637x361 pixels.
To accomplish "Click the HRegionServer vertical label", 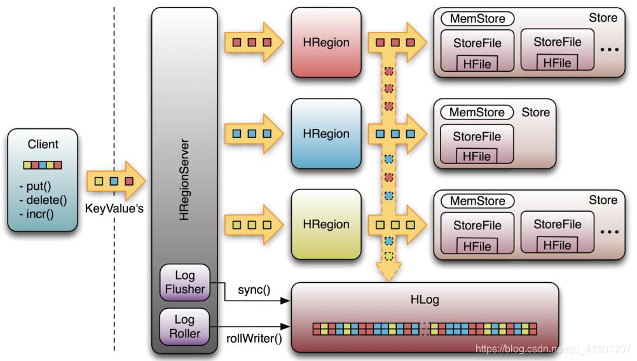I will click(x=184, y=178).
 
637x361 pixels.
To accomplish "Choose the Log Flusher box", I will click(x=185, y=282).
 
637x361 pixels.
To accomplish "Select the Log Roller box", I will click(x=185, y=325).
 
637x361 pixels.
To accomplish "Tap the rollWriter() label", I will click(x=254, y=338).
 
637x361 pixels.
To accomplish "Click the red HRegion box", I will click(x=326, y=43).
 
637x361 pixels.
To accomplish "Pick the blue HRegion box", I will click(x=326, y=133).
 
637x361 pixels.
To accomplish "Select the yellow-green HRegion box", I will click(x=326, y=224).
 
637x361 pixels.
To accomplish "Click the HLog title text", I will click(x=425, y=299).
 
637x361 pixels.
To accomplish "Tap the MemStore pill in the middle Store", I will click(x=477, y=112).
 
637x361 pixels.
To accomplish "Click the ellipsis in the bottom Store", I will click(x=608, y=233).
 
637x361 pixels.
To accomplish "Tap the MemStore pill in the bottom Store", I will click(x=477, y=201).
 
